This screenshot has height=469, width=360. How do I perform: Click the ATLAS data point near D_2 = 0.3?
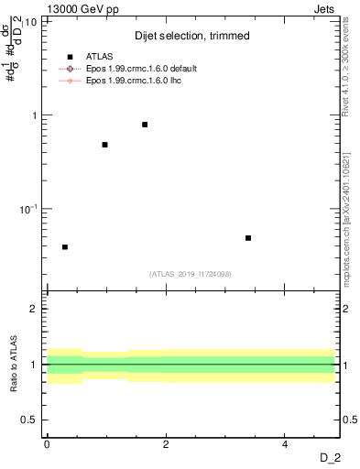coord(65,247)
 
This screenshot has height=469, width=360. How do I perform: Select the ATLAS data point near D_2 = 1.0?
coord(105,145)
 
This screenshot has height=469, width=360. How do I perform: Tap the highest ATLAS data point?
coord(145,125)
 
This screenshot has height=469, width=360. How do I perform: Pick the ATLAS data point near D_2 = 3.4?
coord(248,238)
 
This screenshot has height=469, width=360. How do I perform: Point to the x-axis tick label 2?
coord(166,443)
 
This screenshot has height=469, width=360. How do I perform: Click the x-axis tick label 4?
coord(286,443)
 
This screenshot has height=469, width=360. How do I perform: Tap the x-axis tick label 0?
coord(47,443)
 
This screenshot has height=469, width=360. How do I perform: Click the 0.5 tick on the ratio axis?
coord(30,420)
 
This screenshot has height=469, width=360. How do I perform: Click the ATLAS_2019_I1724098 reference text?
coord(191,274)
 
